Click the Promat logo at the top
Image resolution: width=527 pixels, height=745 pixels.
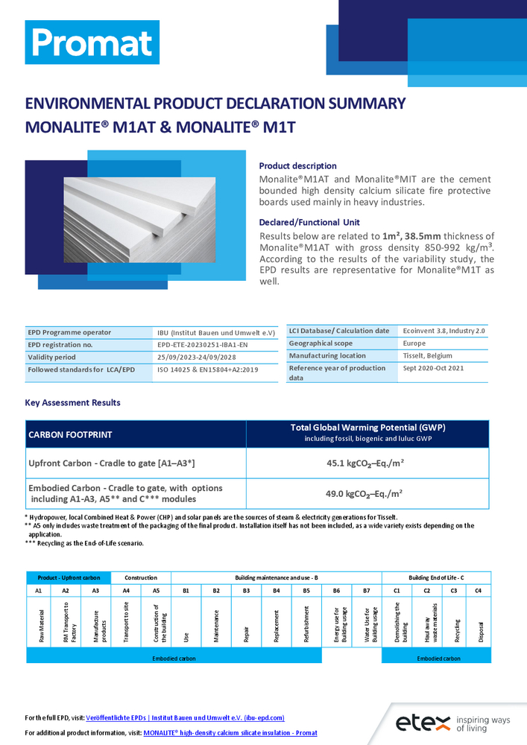pos(92,42)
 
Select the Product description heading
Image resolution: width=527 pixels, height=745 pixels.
pos(297,166)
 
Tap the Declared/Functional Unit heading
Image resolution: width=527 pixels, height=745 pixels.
pos(309,222)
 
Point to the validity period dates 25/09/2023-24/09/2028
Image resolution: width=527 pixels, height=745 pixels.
pos(188,357)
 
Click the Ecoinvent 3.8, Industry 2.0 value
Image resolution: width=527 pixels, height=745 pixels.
pos(444,331)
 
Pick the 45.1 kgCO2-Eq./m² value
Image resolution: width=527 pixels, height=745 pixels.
pos(366,463)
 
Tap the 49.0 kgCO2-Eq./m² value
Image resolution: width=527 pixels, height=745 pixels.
pos(366,492)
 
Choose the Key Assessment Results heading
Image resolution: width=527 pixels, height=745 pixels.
pos(72,403)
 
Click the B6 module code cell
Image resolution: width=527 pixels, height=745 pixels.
pos(336,590)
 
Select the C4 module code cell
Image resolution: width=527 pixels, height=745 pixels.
pos(479,590)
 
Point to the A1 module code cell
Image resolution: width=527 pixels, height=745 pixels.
pos(39,590)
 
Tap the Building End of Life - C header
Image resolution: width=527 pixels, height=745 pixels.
pos(436,577)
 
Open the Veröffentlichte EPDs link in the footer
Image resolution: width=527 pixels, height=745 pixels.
pos(185,717)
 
